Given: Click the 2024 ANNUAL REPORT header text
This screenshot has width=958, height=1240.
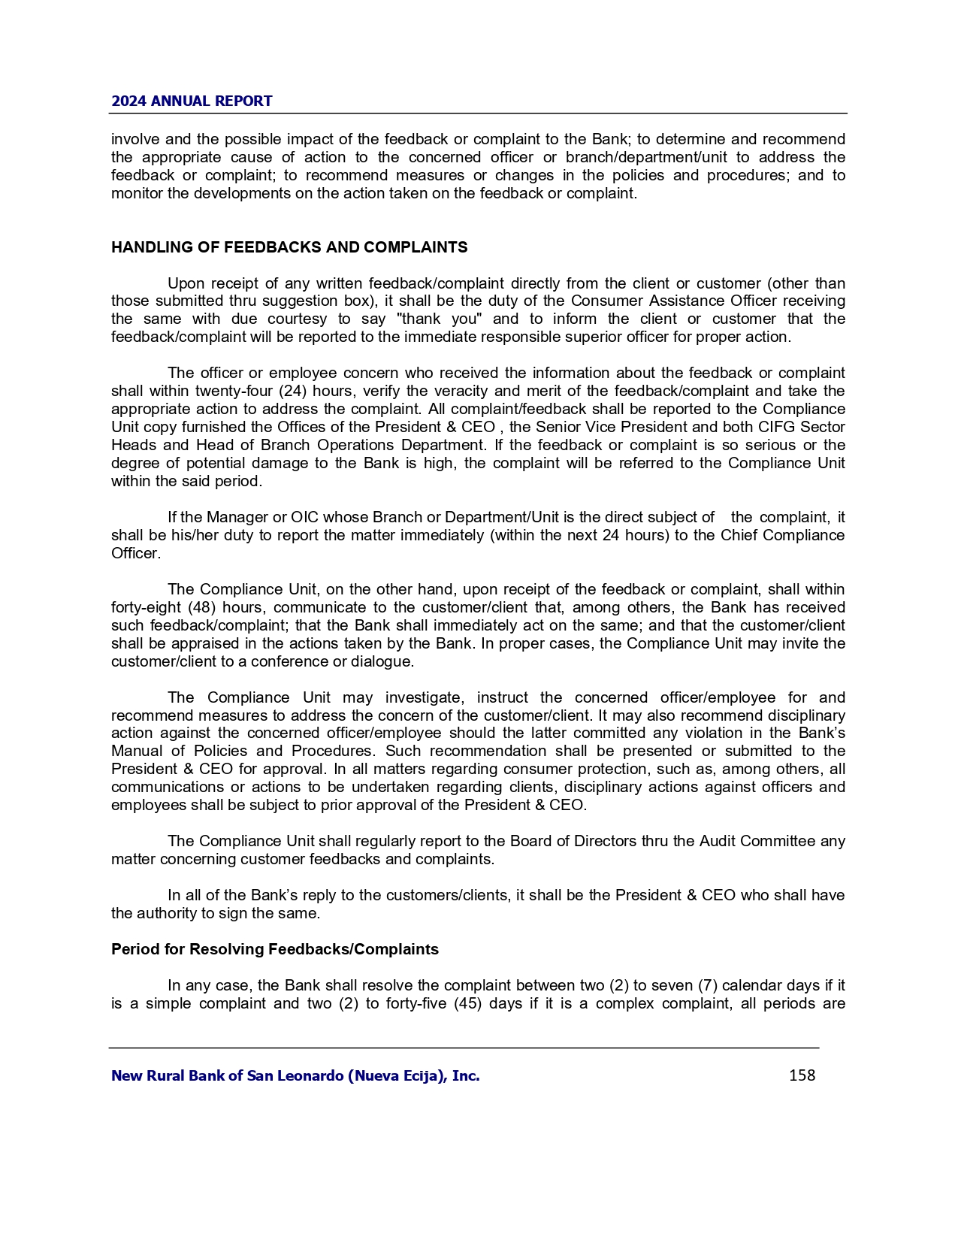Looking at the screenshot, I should [192, 101].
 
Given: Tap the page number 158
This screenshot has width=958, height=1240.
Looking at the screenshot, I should [802, 1075].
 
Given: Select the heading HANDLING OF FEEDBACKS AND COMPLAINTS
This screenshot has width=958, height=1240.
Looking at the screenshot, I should [289, 247].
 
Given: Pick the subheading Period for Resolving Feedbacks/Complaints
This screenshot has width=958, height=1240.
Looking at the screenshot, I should [275, 949].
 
